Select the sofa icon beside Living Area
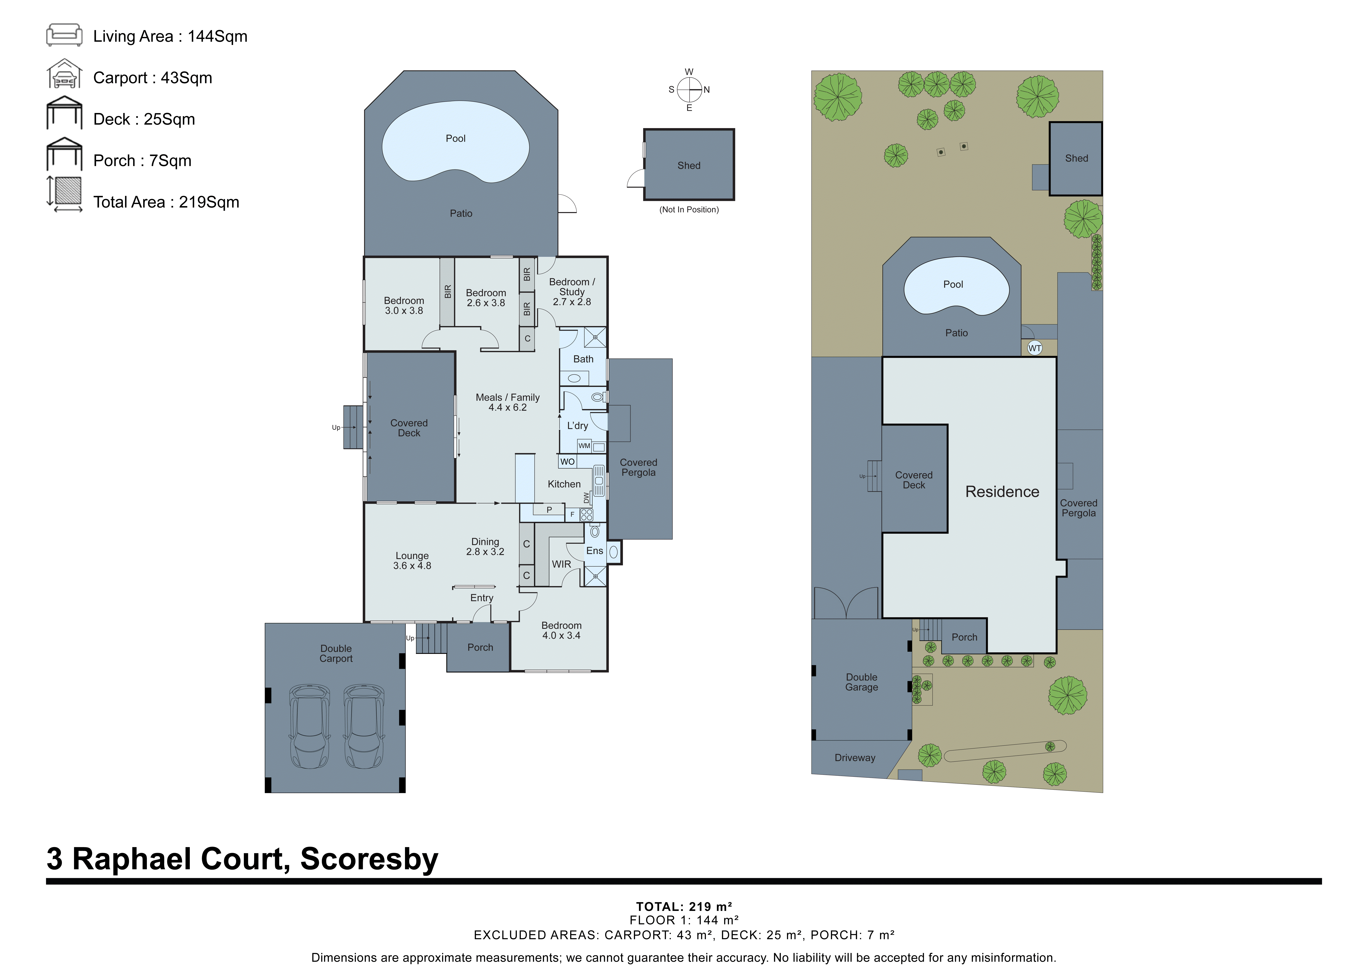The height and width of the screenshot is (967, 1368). [x=64, y=35]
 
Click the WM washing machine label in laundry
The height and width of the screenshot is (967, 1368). [x=584, y=446]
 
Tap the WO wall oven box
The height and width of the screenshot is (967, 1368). [x=567, y=462]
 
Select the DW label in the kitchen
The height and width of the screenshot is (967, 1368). [x=586, y=498]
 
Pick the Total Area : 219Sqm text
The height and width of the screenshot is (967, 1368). [x=166, y=203]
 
